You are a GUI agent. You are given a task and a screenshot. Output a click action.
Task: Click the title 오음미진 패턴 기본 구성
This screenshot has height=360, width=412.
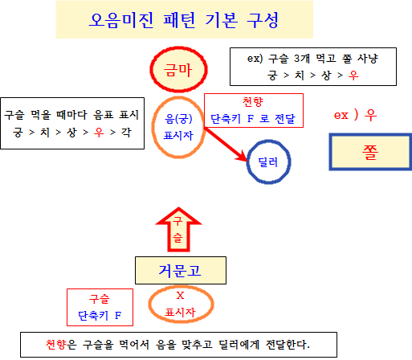184,20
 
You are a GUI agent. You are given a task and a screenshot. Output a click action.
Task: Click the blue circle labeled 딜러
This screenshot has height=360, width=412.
247,162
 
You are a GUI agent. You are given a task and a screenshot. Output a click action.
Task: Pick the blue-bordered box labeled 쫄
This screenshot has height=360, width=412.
330,152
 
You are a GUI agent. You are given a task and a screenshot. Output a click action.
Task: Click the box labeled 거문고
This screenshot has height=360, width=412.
181,270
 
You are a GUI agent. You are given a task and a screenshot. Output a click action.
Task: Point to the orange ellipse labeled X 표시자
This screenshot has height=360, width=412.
149,304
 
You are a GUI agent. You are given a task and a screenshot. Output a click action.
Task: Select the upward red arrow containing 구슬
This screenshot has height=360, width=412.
178,230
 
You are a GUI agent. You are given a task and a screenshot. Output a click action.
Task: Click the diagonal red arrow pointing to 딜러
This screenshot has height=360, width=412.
226,145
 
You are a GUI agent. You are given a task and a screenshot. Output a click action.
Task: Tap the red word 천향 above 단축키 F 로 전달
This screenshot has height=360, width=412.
253,102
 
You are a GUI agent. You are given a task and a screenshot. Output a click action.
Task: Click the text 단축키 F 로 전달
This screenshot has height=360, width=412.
253,118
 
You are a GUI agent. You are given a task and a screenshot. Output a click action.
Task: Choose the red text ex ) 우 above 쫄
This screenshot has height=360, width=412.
355,115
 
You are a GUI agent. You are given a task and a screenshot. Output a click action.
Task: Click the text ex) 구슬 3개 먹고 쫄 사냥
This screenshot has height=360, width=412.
312,59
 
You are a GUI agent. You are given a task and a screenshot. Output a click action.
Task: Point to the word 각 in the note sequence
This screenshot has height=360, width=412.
126,133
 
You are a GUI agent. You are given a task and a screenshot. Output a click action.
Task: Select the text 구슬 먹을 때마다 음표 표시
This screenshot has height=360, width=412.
71,115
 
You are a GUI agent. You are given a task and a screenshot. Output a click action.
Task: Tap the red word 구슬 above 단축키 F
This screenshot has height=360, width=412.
100,299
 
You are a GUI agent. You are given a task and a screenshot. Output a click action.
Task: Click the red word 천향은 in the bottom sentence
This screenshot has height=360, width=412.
61,345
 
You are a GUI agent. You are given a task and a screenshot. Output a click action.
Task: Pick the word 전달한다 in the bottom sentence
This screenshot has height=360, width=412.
288,345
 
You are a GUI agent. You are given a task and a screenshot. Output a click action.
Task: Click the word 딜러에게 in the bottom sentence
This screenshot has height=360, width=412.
239,345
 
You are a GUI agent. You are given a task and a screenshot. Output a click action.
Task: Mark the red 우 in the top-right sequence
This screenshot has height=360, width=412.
353,76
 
